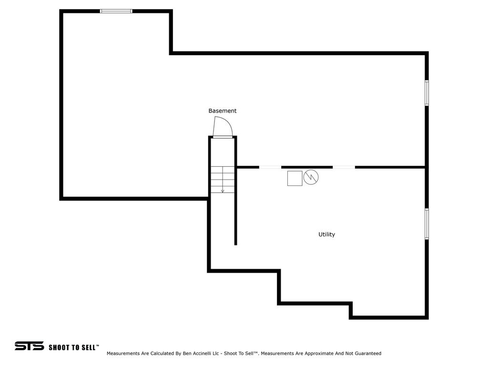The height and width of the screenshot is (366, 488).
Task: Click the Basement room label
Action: pyautogui.click(x=222, y=111)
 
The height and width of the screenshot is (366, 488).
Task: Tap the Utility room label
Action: pyautogui.click(x=326, y=234)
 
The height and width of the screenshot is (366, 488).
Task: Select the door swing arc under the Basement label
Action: pyautogui.click(x=222, y=127)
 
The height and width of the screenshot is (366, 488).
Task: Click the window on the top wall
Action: pyautogui.click(x=116, y=11)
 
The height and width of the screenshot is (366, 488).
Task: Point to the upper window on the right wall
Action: pyautogui.click(x=427, y=93)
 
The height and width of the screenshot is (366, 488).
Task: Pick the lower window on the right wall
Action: pyautogui.click(x=427, y=224)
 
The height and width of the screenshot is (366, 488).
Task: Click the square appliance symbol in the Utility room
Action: pyautogui.click(x=295, y=178)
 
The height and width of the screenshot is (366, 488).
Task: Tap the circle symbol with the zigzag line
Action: pyautogui.click(x=311, y=177)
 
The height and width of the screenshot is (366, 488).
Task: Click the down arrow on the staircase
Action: pyautogui.click(x=223, y=189)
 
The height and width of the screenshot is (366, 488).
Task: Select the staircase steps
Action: pyautogui.click(x=223, y=179)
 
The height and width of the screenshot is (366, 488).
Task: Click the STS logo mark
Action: pyautogui.click(x=29, y=346)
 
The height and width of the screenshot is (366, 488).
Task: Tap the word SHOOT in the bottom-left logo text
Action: pyautogui.click(x=60, y=347)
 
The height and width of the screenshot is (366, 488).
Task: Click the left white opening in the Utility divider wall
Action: pyautogui.click(x=270, y=167)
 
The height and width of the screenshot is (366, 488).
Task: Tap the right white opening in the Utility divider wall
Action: pyautogui.click(x=344, y=167)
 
